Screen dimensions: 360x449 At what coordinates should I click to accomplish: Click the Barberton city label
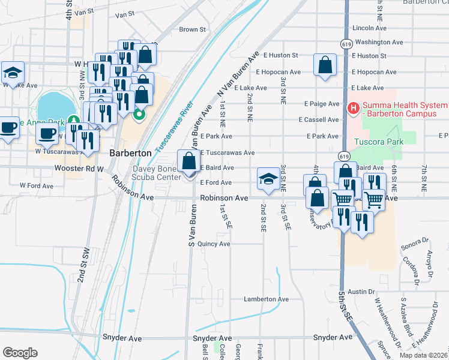(x=130, y=153)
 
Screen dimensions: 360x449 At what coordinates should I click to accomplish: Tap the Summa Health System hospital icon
(x=354, y=109)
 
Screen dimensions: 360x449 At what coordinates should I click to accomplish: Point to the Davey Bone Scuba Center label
(x=156, y=173)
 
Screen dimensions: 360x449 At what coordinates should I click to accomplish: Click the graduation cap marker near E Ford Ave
(x=268, y=178)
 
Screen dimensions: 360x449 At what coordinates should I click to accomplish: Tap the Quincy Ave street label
(x=214, y=244)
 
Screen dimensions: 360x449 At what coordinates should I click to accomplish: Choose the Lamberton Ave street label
(x=266, y=299)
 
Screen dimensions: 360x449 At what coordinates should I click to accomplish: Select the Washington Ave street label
(x=379, y=42)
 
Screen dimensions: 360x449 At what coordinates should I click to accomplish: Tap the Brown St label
(x=193, y=29)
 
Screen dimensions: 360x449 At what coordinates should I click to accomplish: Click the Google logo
(x=20, y=352)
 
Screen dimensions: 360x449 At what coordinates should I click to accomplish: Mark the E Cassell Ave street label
(x=319, y=119)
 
